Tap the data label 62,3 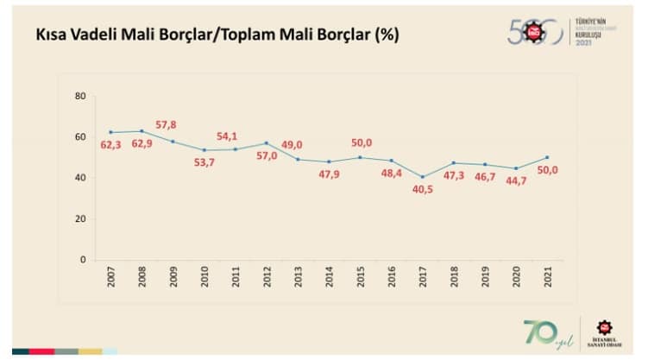tap(110, 145)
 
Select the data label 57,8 tap(166, 126)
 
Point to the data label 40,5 tap(422, 190)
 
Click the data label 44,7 tap(516, 181)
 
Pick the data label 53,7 tap(204, 162)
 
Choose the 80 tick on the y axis tap(80, 96)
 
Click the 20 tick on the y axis tap(80, 219)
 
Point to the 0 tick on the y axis tap(83, 260)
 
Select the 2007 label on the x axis tap(111, 278)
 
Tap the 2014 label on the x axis tap(329, 278)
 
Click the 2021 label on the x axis tap(546, 278)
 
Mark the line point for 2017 tap(423, 177)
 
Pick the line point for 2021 tap(547, 157)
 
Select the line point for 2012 tap(267, 143)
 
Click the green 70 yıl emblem tap(545, 332)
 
